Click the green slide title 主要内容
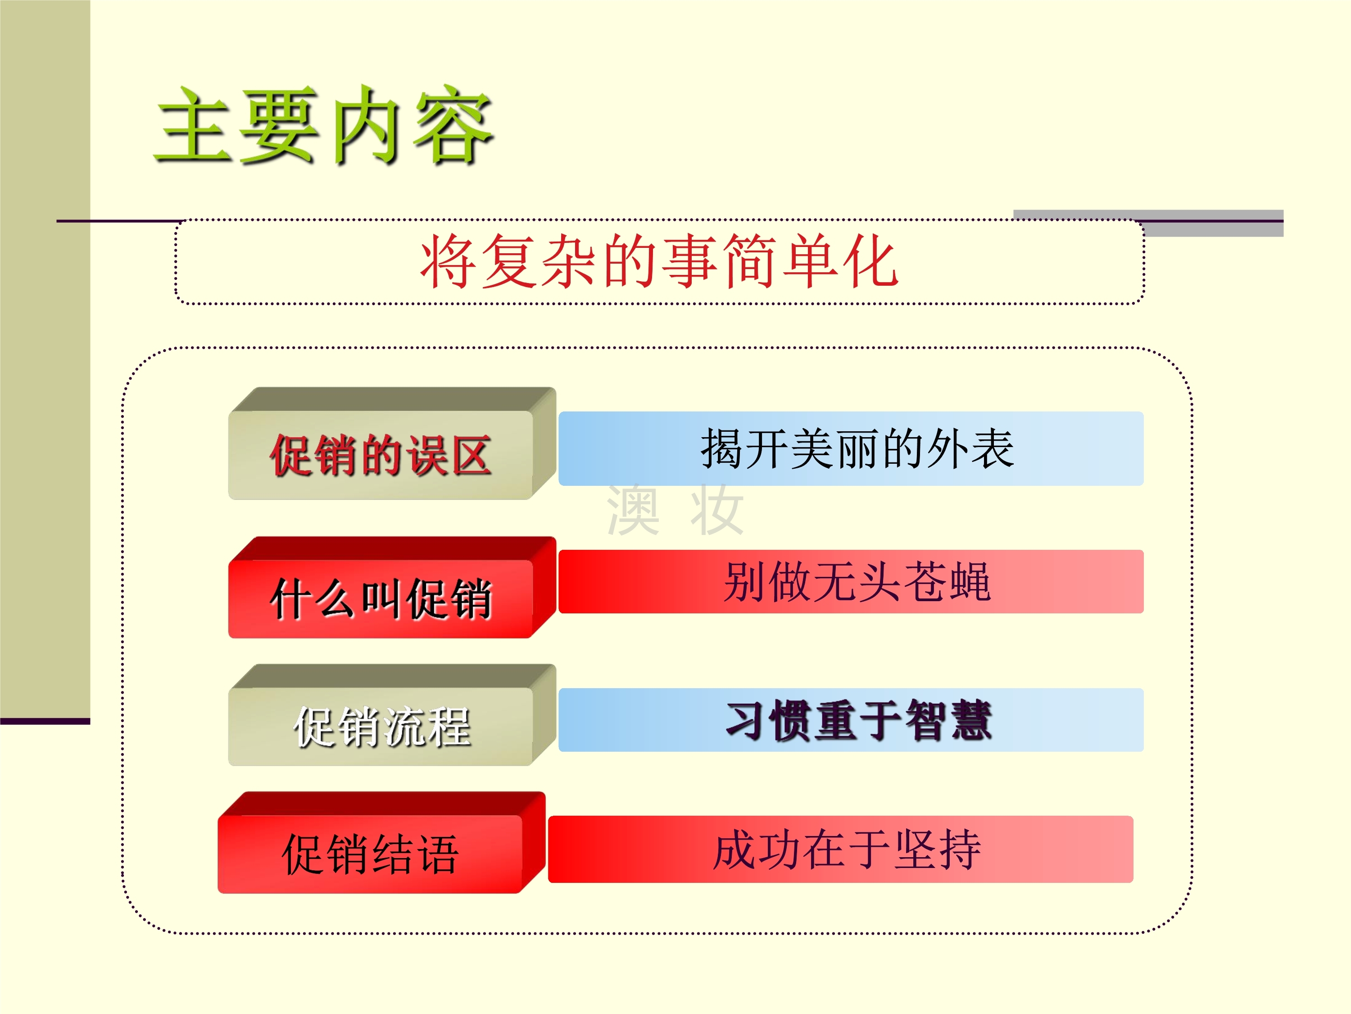pos(324,125)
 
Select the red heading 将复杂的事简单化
pos(659,261)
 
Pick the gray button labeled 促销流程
pos(392,715)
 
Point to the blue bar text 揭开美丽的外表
pos(857,448)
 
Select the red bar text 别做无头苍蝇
pos(857,581)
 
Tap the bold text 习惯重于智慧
pos(858,721)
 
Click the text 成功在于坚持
pos(847,850)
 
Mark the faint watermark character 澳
pos(633,509)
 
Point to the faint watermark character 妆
pos(717,509)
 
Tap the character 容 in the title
pos(453,125)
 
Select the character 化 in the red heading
pos(870,261)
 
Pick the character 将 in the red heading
pos(448,261)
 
